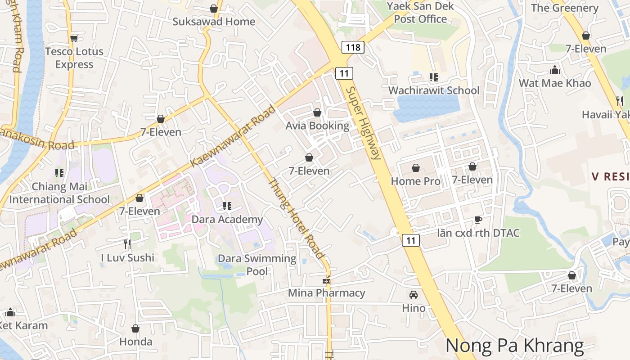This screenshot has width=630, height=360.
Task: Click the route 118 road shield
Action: pyautogui.click(x=352, y=47)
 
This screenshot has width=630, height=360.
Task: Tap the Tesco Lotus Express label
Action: pyautogui.click(x=74, y=58)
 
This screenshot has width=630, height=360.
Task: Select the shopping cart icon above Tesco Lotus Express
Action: pyautogui.click(x=74, y=39)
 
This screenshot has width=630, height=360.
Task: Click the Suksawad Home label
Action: pyautogui.click(x=214, y=22)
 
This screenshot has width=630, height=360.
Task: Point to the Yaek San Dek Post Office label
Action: pyautogui.click(x=420, y=13)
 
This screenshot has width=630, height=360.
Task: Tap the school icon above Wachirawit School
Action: pyautogui.click(x=434, y=77)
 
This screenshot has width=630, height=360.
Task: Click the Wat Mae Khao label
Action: pyautogui.click(x=555, y=83)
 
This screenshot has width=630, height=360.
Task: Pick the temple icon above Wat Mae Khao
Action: pyautogui.click(x=555, y=70)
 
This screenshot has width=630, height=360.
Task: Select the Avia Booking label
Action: pyautogui.click(x=317, y=126)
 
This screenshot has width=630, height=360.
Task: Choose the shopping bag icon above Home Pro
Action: pyautogui.click(x=416, y=168)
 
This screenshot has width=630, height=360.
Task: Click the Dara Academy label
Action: pyautogui.click(x=227, y=219)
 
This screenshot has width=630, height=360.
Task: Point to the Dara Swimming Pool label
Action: pyautogui.click(x=257, y=265)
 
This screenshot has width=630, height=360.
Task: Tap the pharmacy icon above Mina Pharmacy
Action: pyautogui.click(x=327, y=280)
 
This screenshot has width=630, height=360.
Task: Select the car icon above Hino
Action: pyautogui.click(x=413, y=295)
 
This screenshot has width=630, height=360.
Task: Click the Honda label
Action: pyautogui.click(x=135, y=342)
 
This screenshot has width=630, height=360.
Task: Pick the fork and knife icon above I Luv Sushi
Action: pyautogui.click(x=127, y=244)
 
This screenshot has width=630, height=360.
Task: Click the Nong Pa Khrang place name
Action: pyautogui.click(x=514, y=346)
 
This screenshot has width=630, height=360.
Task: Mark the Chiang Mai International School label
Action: pyautogui.click(x=59, y=193)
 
